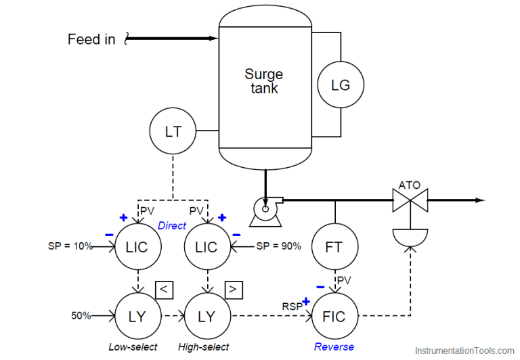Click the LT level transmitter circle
pos(173,131)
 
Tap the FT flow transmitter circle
pos(334,247)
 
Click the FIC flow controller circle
pos(334,316)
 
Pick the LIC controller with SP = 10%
pos(137,247)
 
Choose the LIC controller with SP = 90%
pos(207,247)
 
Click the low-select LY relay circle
pos(137,316)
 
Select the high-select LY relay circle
pos(207,316)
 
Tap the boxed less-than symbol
pos(165,290)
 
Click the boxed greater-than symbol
pos(234,290)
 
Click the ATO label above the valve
pos(410,184)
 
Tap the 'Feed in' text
pos(91,39)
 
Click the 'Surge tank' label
pos(263,81)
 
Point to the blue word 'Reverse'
pos(334,347)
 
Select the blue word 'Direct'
pos(171,225)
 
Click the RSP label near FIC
pos(292,305)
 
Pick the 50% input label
pos(82,316)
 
